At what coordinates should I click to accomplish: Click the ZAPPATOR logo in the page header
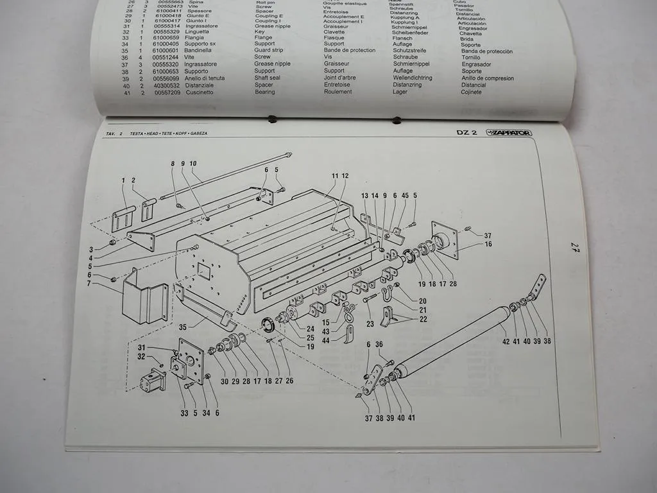coord(509,132)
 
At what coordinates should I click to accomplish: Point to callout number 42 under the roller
coord(506,341)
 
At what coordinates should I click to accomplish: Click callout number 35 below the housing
coord(183,327)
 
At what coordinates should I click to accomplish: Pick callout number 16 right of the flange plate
coord(488,245)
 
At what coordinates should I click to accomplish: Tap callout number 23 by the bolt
coord(370,324)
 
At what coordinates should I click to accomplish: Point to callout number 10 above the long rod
coord(193,163)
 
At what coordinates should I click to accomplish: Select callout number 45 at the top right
coord(405,195)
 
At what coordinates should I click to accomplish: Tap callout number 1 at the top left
coord(123,180)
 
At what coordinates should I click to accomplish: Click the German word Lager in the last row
coord(400,92)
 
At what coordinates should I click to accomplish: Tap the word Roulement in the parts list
coord(337,92)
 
